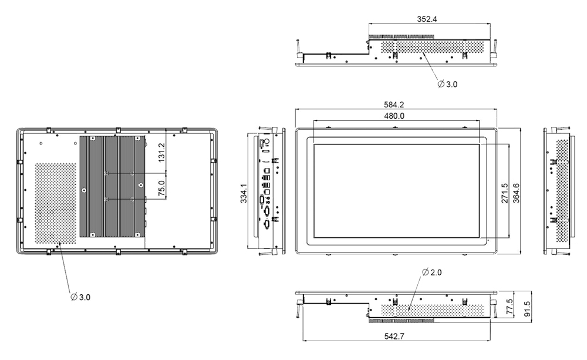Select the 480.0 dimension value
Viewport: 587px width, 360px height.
point(394,116)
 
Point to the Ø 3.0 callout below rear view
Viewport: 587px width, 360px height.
point(80,298)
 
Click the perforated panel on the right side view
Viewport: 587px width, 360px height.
point(562,191)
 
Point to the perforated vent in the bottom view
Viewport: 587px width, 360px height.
point(423,308)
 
